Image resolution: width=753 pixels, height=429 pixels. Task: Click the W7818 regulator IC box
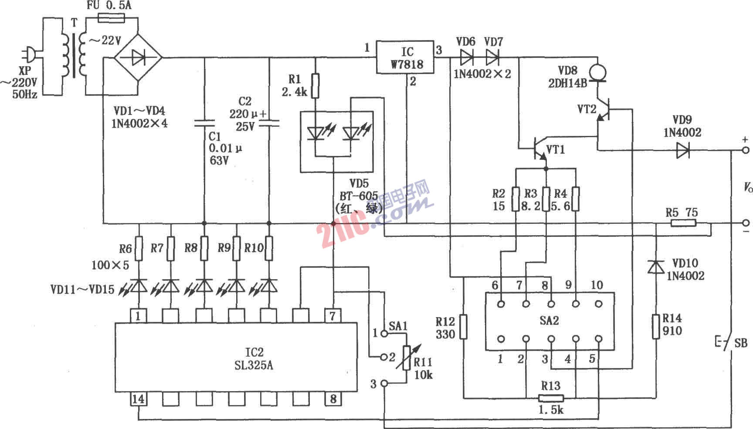pos(406,57)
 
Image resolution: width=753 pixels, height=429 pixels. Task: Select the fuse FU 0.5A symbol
pos(112,18)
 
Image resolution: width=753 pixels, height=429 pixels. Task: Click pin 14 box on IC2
pos(138,399)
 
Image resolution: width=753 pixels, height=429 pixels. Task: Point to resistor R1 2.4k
pos(315,86)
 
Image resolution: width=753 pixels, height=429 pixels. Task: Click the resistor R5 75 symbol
pos(683,223)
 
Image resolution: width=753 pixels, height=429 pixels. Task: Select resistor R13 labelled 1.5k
pos(551,398)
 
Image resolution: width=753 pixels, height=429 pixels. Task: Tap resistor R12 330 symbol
pos(463,327)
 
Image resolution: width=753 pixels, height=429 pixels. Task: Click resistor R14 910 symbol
pos(656,327)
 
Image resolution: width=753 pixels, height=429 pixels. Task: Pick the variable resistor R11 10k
pos(407,357)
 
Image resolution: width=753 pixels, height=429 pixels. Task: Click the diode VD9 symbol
pos(682,151)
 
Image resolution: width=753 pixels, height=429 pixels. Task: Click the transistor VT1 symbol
pos(539,149)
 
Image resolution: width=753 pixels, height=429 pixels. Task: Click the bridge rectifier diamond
pos(138,57)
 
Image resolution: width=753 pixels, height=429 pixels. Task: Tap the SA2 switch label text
pos(549,321)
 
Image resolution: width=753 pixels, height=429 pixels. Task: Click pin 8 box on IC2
pos(333,399)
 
